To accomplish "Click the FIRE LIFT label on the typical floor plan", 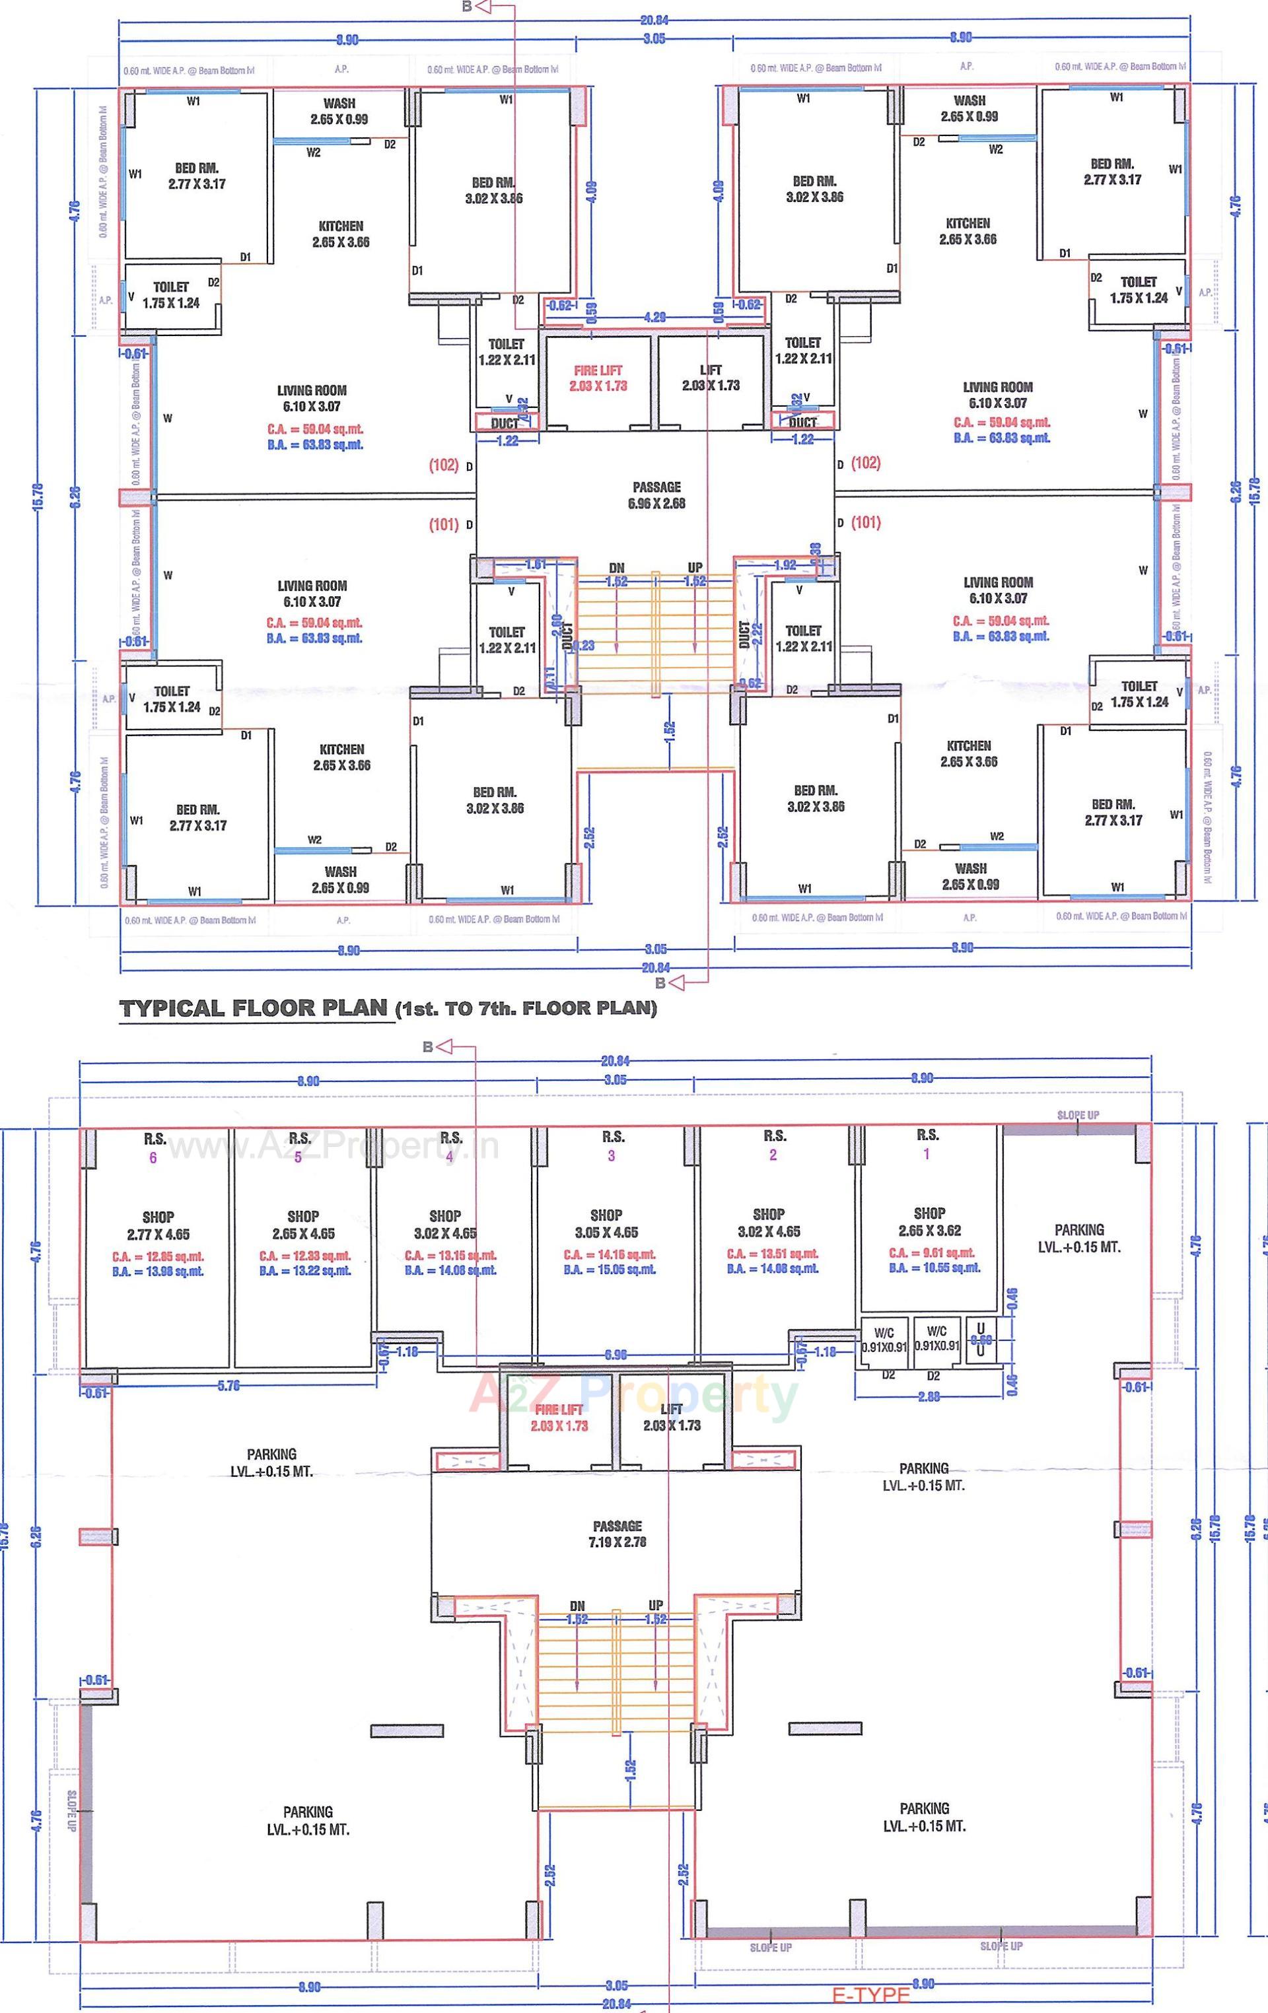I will (x=598, y=378).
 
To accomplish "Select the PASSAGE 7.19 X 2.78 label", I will (x=617, y=1534).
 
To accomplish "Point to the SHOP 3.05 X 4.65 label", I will (x=606, y=1223).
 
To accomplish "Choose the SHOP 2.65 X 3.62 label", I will (x=929, y=1221).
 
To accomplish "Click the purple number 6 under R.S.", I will (x=153, y=1158).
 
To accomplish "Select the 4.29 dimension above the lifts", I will (x=655, y=318).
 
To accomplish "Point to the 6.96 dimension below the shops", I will (x=615, y=1355).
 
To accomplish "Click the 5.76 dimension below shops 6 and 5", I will (x=229, y=1385).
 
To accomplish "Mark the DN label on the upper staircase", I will (x=616, y=568).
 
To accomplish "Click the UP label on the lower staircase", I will (x=656, y=1605).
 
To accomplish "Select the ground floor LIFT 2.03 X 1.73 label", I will (x=672, y=1417).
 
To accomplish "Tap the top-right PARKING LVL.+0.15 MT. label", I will (x=1079, y=1238).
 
